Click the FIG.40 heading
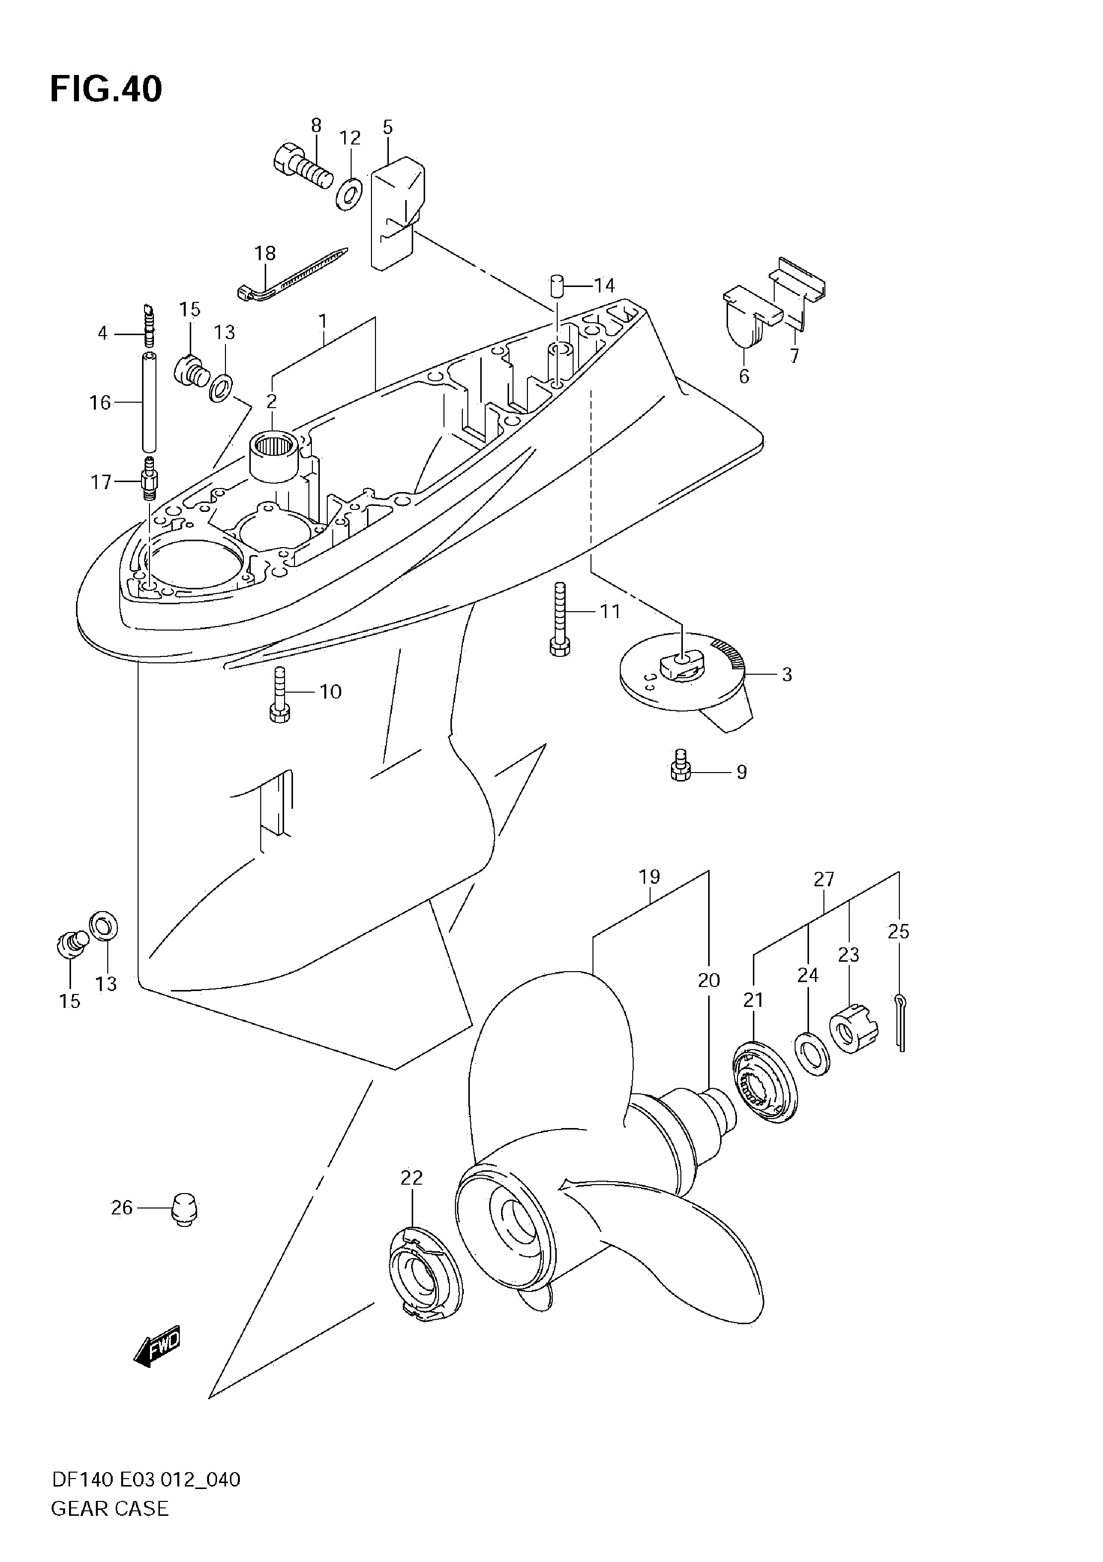point(106,89)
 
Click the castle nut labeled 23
point(853,1029)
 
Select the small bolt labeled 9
point(680,765)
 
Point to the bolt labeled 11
point(559,619)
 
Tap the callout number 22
point(412,1178)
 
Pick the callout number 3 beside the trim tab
point(787,674)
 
